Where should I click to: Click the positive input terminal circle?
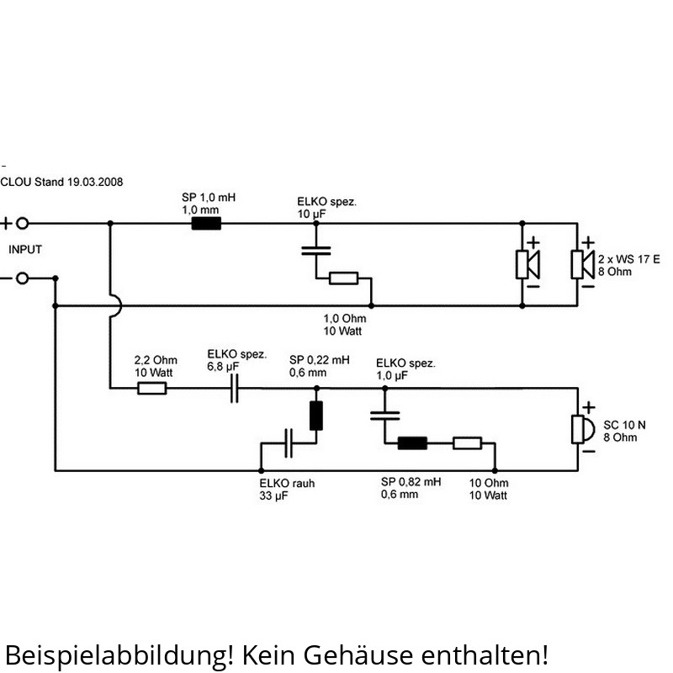[x=23, y=223]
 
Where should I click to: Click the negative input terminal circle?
[x=23, y=278]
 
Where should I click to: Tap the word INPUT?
[x=25, y=250]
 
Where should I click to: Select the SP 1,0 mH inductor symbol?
[x=206, y=224]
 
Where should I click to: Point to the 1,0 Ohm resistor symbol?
[x=343, y=278]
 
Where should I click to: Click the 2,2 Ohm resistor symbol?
[x=151, y=388]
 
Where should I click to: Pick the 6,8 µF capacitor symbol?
[x=235, y=388]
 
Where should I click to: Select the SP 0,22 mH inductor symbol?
[x=316, y=416]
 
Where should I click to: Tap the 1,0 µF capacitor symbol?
[x=384, y=414]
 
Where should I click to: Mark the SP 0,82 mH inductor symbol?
[x=412, y=442]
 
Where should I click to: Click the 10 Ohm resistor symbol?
[x=467, y=442]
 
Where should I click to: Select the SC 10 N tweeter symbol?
[x=580, y=428]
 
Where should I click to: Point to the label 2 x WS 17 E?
[x=628, y=259]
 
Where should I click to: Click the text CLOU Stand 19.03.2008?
[x=61, y=182]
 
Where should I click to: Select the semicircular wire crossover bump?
[x=116, y=306]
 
